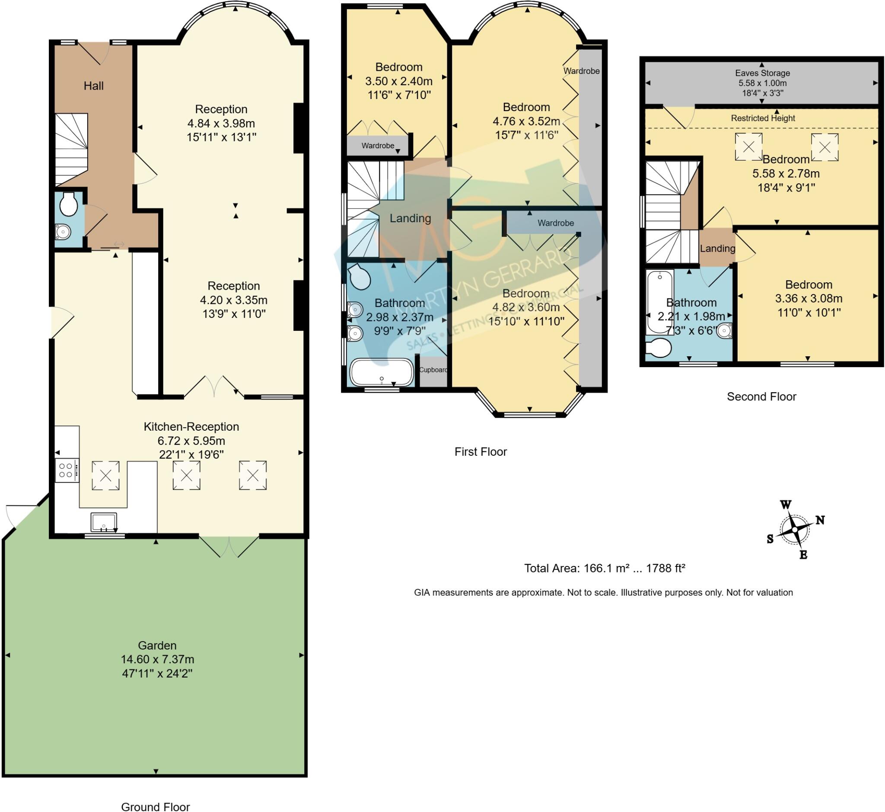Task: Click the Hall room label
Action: (93, 86)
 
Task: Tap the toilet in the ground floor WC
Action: (69, 205)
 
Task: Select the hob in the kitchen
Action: (67, 470)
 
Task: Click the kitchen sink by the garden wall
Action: (104, 522)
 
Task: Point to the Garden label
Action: (157, 646)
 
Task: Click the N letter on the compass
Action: (820, 520)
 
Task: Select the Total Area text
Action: (605, 568)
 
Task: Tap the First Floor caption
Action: (481, 452)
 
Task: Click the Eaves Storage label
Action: (762, 73)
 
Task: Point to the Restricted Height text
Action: (763, 118)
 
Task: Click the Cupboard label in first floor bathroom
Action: (433, 370)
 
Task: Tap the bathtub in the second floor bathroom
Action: (659, 302)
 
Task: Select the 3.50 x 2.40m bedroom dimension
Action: (399, 81)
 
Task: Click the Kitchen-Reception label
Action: (191, 427)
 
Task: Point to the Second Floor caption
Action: (761, 397)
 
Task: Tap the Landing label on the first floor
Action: (410, 218)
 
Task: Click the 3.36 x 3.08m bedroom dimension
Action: (809, 299)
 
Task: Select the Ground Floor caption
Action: (156, 806)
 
